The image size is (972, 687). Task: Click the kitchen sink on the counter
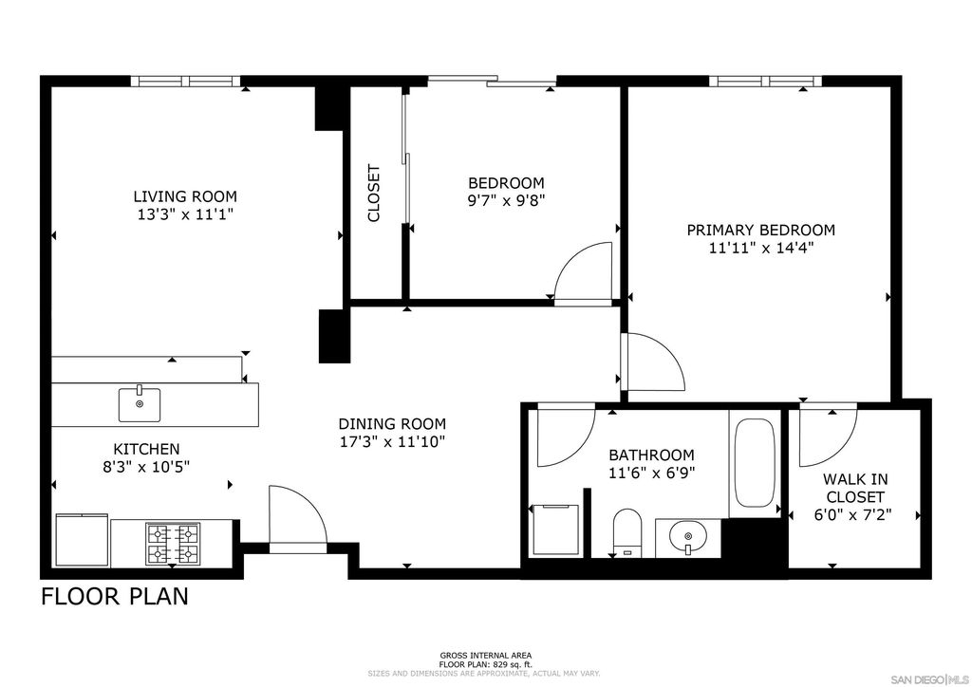pos(140,403)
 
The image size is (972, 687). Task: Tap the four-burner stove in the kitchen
pos(172,544)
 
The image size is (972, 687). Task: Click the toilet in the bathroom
pos(627,530)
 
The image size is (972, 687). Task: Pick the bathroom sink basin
pos(686,538)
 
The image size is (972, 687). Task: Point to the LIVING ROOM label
pos(185,196)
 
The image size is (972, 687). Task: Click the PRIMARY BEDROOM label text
pos(760,230)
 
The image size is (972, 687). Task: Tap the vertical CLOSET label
pos(373,194)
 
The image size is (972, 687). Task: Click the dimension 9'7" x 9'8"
pos(506,200)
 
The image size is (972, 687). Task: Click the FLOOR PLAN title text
pos(114,597)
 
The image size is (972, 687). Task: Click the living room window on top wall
pos(186,82)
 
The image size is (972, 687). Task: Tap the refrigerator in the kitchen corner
pos(83,540)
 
